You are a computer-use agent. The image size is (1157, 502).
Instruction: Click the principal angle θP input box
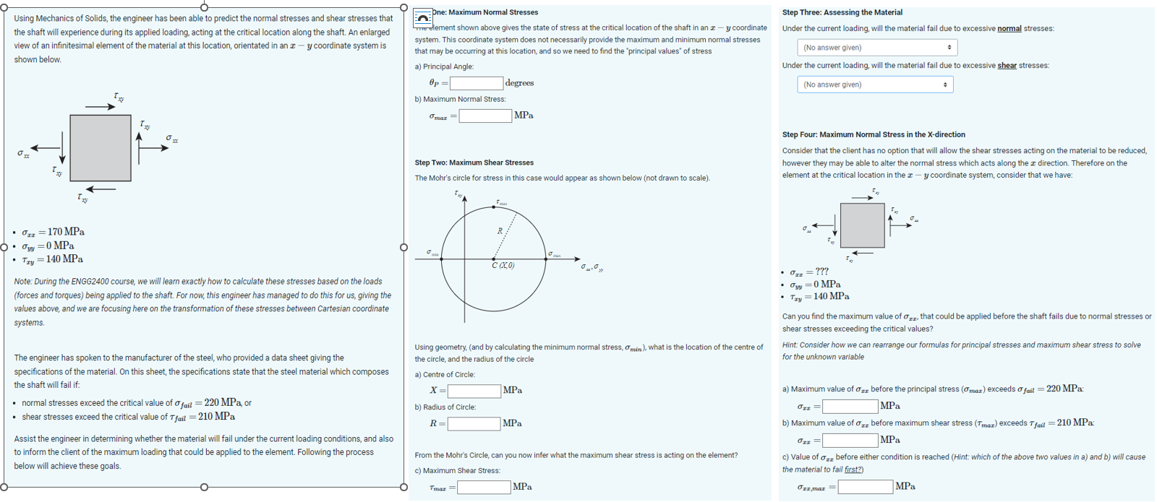(x=477, y=83)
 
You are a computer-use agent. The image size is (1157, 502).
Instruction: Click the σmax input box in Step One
(x=485, y=116)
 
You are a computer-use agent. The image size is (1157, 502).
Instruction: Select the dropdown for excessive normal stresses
(x=876, y=48)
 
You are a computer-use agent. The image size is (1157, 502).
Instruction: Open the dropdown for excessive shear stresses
(x=874, y=85)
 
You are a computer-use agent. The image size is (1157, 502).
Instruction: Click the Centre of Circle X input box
(x=474, y=391)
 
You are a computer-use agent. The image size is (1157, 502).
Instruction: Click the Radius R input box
(x=474, y=424)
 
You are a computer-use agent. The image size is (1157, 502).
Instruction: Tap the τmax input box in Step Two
(x=483, y=488)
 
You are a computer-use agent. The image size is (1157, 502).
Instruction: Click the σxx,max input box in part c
(x=865, y=487)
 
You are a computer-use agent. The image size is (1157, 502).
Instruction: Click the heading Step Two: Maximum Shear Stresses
(x=474, y=163)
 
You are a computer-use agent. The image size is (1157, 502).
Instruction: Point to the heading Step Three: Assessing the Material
(x=842, y=12)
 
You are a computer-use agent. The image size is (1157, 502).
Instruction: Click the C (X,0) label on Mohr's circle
(x=503, y=266)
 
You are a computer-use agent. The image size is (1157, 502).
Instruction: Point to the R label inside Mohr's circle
(x=499, y=231)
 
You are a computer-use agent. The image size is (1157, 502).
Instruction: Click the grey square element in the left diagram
(x=101, y=148)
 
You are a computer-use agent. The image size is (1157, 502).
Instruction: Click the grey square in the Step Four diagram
(x=862, y=225)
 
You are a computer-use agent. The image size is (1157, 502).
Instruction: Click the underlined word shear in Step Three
(x=1007, y=66)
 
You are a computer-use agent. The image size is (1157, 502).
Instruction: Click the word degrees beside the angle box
(x=519, y=83)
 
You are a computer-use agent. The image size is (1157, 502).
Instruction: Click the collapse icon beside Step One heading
(x=422, y=17)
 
